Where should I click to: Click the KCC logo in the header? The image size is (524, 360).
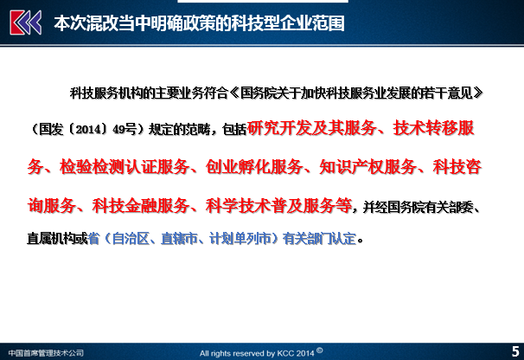coord(26,22)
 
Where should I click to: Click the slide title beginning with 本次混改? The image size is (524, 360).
coord(199,23)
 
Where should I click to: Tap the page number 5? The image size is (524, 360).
coord(515,351)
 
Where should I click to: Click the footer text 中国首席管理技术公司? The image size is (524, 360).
coord(46,352)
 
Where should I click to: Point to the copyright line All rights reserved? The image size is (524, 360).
coord(261,352)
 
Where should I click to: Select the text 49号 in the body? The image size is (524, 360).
coord(125,129)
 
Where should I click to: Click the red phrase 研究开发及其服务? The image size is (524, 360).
coord(311,128)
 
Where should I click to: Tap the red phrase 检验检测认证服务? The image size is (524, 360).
coord(125,167)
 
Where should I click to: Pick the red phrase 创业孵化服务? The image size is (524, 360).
coord(254,167)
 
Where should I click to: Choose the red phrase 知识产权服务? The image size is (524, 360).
coord(368,167)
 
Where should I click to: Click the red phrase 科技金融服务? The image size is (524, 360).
coord(141,205)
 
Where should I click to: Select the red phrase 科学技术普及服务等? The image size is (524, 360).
coord(278,205)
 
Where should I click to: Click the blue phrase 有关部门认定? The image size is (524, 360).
coord(319,239)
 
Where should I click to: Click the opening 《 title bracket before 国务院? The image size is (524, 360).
coord(234,93)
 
